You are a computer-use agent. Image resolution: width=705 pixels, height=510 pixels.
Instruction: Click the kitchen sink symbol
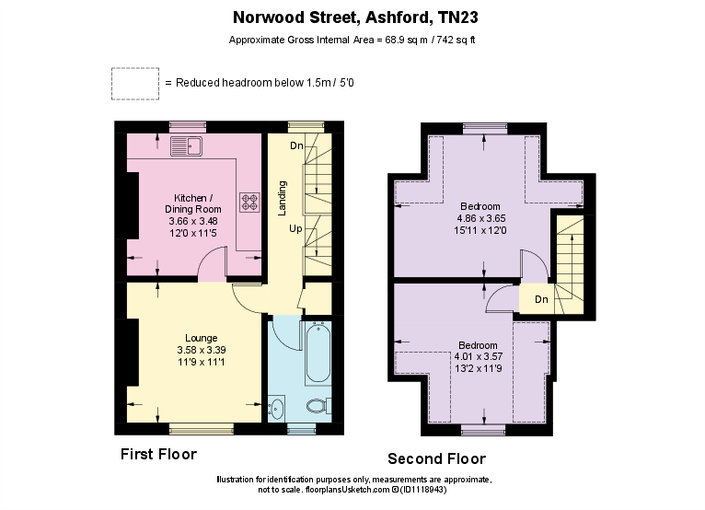[x=187, y=145]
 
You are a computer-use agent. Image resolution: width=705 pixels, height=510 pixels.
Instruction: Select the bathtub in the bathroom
[x=318, y=353]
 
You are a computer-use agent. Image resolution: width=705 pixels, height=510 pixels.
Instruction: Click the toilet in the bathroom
[x=316, y=405]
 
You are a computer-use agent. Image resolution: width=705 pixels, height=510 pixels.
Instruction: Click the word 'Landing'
[x=283, y=198]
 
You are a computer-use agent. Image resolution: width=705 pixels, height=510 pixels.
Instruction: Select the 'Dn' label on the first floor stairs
[x=296, y=146]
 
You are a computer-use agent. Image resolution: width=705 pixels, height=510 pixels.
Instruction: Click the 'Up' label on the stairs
[x=295, y=227]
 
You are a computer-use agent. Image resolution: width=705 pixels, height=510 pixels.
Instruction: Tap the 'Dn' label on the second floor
[x=542, y=299]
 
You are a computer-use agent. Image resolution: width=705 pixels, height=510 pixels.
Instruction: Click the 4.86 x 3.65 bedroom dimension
[x=480, y=218]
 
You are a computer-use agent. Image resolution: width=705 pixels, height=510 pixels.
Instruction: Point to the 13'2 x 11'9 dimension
[x=480, y=369]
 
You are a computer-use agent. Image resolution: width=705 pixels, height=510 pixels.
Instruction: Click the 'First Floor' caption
[x=158, y=455]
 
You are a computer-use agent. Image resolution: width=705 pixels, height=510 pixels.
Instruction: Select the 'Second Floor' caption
[x=436, y=458]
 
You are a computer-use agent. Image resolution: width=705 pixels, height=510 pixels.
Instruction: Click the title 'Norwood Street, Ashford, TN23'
[x=355, y=17]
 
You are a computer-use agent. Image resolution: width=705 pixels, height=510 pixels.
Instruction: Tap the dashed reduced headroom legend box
[x=134, y=83]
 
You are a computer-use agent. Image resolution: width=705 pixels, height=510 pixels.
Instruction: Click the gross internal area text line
[x=352, y=41]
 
